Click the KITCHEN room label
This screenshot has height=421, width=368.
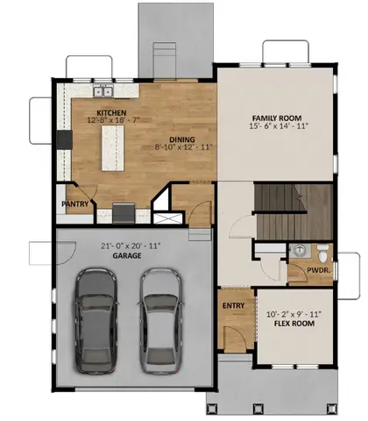tap(112, 113)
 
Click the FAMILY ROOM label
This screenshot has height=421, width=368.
tap(275, 117)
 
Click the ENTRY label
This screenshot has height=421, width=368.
tap(233, 305)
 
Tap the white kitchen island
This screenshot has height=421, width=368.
tap(113, 148)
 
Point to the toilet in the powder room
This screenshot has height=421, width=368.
tap(323, 254)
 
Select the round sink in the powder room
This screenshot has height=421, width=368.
tap(298, 250)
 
